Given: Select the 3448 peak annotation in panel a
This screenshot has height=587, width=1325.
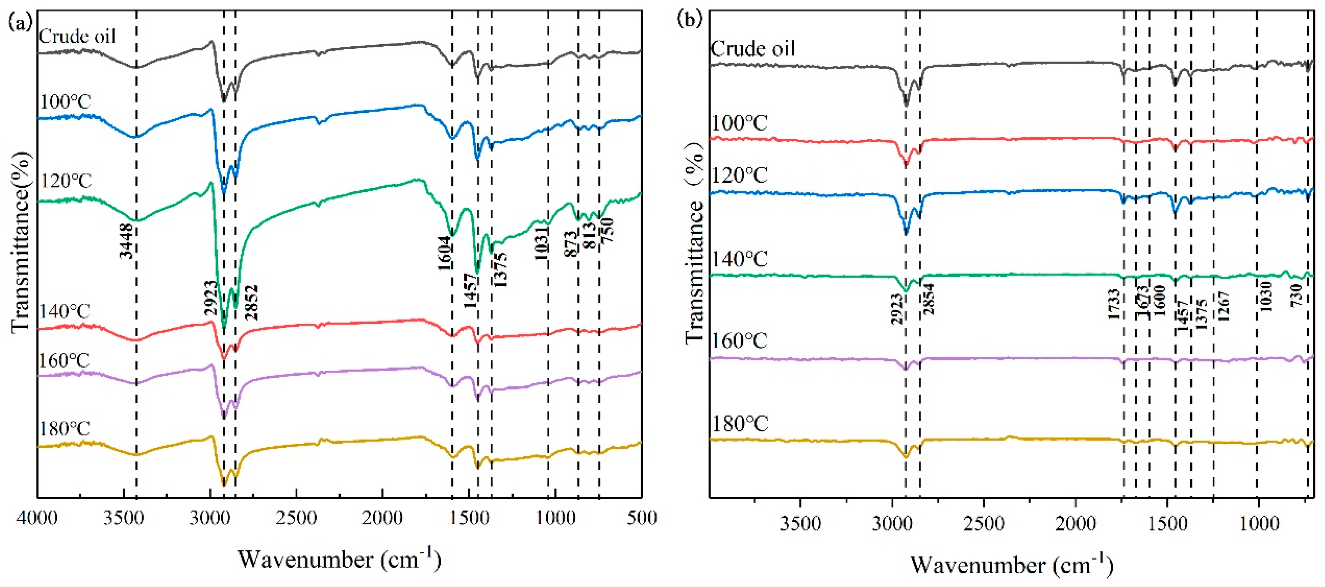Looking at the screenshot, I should tap(126, 241).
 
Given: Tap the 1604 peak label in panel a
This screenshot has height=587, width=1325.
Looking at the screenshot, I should tap(445, 253).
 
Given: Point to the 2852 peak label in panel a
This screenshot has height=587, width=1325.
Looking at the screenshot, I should tap(252, 303).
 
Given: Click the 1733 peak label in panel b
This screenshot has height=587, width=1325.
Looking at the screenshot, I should tap(1114, 305).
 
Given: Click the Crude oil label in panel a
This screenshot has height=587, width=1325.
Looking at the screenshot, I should tap(77, 37).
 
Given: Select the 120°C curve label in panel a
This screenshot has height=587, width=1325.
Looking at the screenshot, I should tap(66, 181).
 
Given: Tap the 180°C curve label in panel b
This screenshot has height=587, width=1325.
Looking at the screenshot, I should tap(739, 425).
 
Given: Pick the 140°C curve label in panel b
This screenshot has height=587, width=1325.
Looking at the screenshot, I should tap(739, 259).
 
